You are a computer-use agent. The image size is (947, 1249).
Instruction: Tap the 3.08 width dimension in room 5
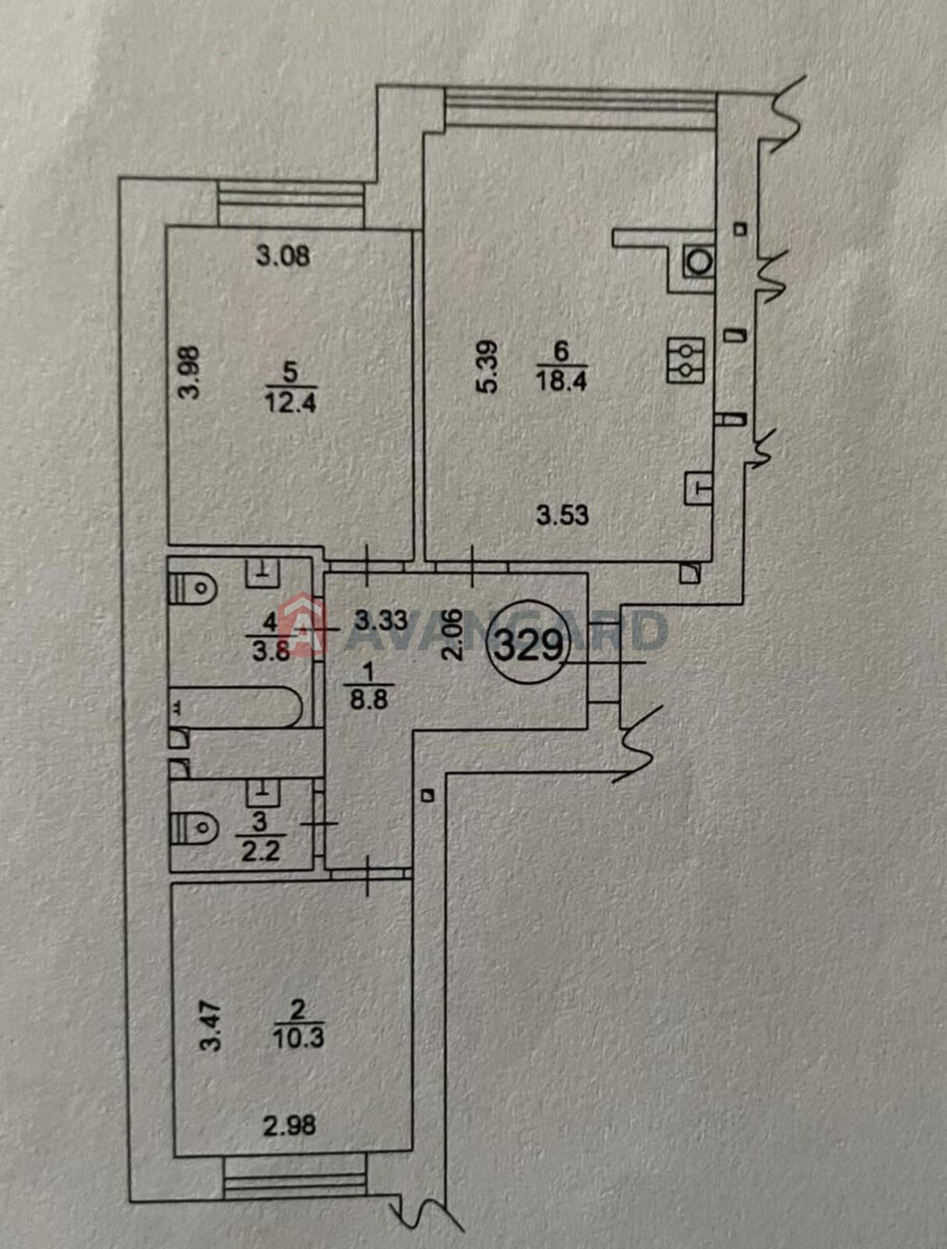tap(283, 256)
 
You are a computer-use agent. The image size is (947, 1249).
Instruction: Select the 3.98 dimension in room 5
tap(192, 373)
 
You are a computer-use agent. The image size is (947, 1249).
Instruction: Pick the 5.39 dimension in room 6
tap(488, 366)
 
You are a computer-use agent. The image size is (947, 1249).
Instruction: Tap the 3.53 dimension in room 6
tap(563, 515)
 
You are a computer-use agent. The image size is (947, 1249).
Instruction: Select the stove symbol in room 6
tap(685, 360)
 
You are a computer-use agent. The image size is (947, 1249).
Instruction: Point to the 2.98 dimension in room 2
tap(290, 1125)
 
